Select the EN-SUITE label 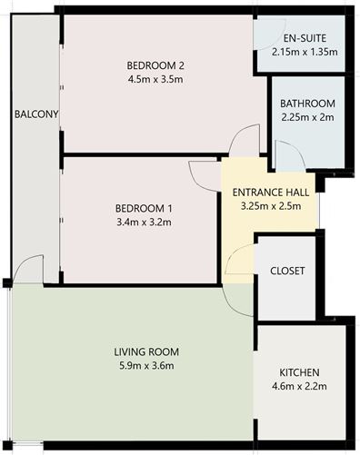(304, 39)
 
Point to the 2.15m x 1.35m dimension (304, 53)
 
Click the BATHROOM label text (307, 103)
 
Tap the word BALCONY (36, 114)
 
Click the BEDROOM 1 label (138, 208)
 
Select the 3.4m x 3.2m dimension (138, 222)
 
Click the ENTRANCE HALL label (271, 193)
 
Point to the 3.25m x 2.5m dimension (271, 206)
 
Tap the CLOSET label (286, 272)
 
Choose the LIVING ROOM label (145, 351)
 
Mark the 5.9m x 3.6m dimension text (145, 365)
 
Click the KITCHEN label (299, 373)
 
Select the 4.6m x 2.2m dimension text (299, 387)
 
